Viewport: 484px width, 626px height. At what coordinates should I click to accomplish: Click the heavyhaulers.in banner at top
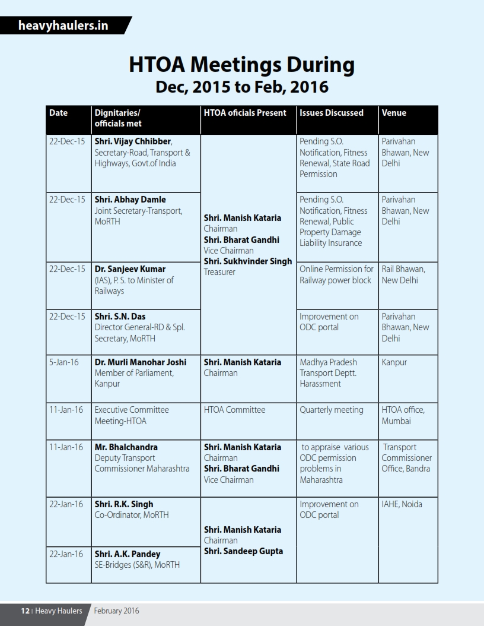coord(63,26)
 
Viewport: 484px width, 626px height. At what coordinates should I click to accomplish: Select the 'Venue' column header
coord(394,112)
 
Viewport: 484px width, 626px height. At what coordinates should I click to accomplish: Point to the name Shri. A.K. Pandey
coord(128,554)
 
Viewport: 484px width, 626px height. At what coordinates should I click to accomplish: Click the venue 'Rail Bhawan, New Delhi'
coord(403,274)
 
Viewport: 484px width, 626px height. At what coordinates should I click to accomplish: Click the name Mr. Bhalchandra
coord(126,447)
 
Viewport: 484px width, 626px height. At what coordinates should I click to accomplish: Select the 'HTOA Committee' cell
coord(234,409)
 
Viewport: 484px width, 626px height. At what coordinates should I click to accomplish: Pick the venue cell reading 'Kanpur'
coord(394,362)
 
